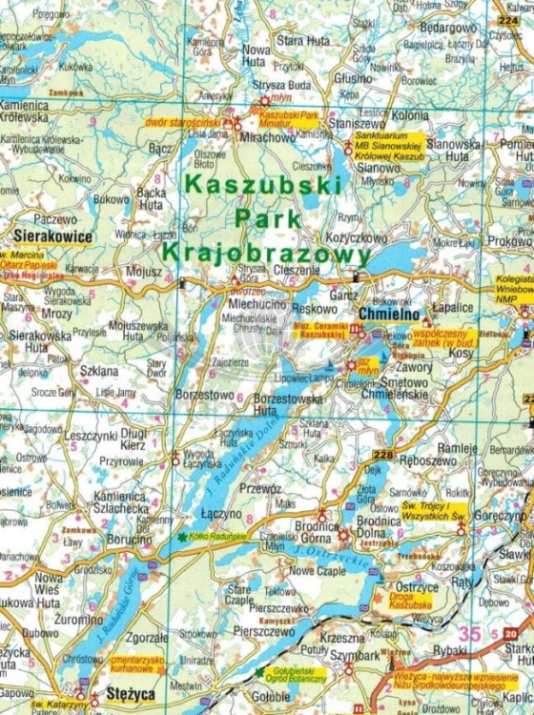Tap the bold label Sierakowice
pyautogui.click(x=53, y=235)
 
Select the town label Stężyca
pyautogui.click(x=129, y=694)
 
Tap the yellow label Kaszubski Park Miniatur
pyautogui.click(x=291, y=119)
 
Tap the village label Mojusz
pyautogui.click(x=143, y=271)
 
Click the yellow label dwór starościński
pyautogui.click(x=184, y=123)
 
